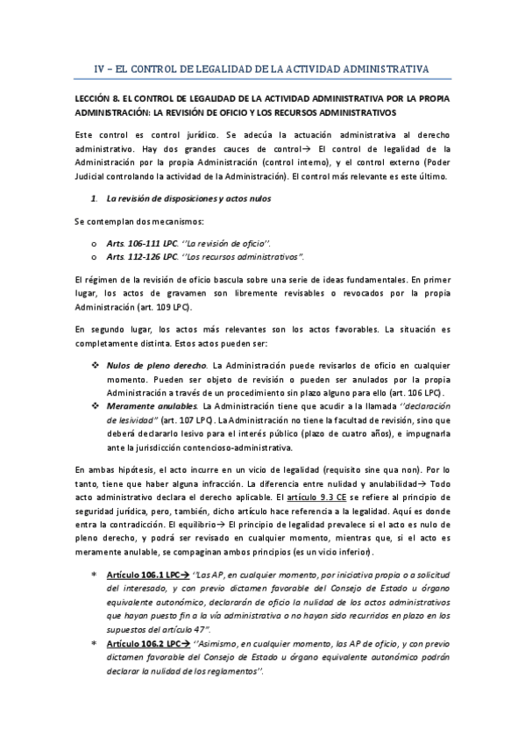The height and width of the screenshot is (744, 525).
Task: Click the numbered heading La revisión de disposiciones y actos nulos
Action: click(x=188, y=198)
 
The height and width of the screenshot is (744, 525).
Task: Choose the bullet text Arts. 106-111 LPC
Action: click(x=133, y=242)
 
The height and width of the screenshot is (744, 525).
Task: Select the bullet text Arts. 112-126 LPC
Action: click(x=133, y=256)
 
